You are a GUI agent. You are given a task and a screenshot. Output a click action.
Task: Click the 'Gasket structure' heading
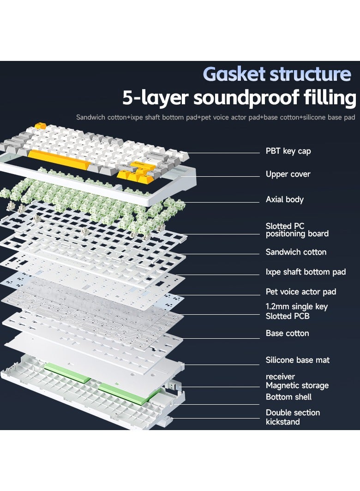pos(277,75)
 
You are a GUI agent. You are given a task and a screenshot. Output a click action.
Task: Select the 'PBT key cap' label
pos(288,151)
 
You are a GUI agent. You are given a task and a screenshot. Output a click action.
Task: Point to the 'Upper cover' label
pos(288,174)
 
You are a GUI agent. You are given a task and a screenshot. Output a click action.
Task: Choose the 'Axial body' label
pos(284,199)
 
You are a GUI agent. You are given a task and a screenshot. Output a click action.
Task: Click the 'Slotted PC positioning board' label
pos(297,230)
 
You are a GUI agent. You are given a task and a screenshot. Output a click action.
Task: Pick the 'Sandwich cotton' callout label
pos(296,252)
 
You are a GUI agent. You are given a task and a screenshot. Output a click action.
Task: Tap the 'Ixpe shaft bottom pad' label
pos(306,272)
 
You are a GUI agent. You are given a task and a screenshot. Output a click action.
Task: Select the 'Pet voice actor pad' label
pos(301,292)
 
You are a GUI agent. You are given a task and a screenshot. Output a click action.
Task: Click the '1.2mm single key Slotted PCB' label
pos(297,311)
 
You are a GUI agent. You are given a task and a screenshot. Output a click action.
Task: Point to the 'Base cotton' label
pos(288,333)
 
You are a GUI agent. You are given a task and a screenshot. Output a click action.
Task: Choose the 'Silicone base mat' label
pos(298,360)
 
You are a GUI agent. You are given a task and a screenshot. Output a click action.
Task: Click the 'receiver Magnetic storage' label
pos(297,381)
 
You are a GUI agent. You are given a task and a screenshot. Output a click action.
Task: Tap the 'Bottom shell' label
pos(288,397)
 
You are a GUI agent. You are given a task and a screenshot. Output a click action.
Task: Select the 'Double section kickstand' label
pos(293,417)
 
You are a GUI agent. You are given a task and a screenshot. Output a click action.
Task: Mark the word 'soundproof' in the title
pos(246,98)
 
